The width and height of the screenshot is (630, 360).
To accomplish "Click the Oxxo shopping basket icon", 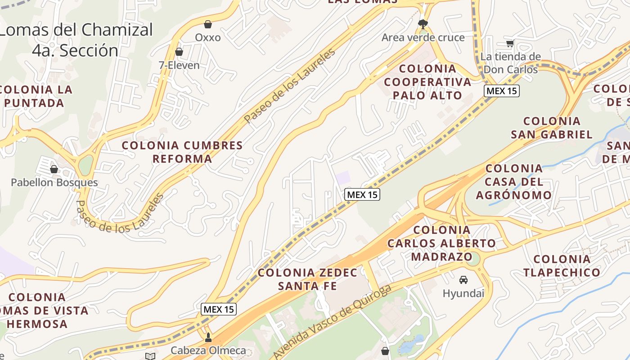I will (208, 24).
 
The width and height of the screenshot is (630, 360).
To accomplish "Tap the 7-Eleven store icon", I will (179, 52).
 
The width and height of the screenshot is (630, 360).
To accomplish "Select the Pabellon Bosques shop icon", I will (54, 169).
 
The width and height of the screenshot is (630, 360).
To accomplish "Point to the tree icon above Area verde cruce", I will (423, 24).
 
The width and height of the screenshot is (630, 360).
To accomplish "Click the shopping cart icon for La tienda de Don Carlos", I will (510, 43).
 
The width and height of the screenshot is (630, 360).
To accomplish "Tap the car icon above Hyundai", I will (463, 280).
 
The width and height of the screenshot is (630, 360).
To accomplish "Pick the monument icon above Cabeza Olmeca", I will (208, 337).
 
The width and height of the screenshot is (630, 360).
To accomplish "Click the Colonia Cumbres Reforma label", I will (182, 152).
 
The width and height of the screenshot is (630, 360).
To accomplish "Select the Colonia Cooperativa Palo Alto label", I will (427, 82).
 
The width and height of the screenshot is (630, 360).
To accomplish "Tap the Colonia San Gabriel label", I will (552, 128).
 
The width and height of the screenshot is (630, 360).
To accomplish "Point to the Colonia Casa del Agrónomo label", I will (514, 182).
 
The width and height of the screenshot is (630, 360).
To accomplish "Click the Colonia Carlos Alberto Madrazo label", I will (441, 243).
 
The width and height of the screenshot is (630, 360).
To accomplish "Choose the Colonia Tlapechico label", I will (562, 265).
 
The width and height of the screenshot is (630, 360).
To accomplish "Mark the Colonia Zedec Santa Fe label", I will (307, 279).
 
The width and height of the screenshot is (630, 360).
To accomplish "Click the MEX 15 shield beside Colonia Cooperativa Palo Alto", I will (502, 91).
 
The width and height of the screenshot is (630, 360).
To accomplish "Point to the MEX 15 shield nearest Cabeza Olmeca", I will (218, 309).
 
